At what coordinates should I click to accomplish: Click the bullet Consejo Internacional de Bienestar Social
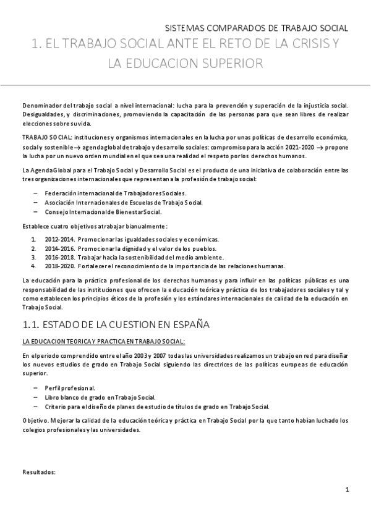[103, 212]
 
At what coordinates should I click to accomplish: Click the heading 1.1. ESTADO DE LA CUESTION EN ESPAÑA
[116, 324]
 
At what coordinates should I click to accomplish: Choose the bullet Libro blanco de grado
[100, 397]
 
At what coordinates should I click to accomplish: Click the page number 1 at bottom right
[348, 491]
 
